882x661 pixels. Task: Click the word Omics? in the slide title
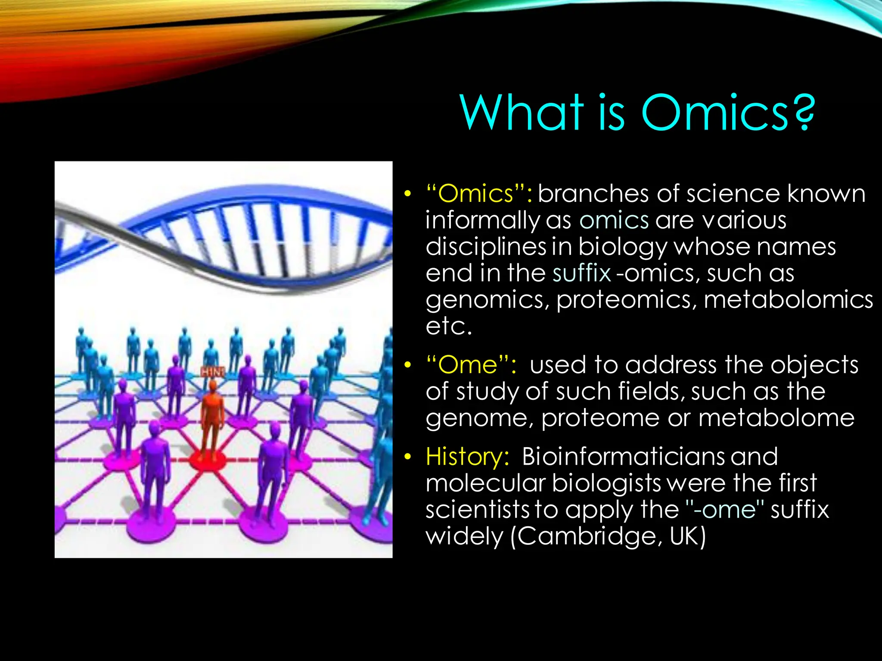pyautogui.click(x=728, y=113)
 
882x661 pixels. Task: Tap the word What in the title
pyautogui.click(x=522, y=113)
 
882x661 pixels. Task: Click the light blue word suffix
pyautogui.click(x=581, y=273)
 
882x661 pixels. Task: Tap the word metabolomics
pyautogui.click(x=788, y=300)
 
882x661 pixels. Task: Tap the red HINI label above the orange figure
pyautogui.click(x=213, y=371)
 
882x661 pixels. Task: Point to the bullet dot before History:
pyautogui.click(x=407, y=457)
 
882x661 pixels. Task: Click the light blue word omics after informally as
pyautogui.click(x=614, y=220)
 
